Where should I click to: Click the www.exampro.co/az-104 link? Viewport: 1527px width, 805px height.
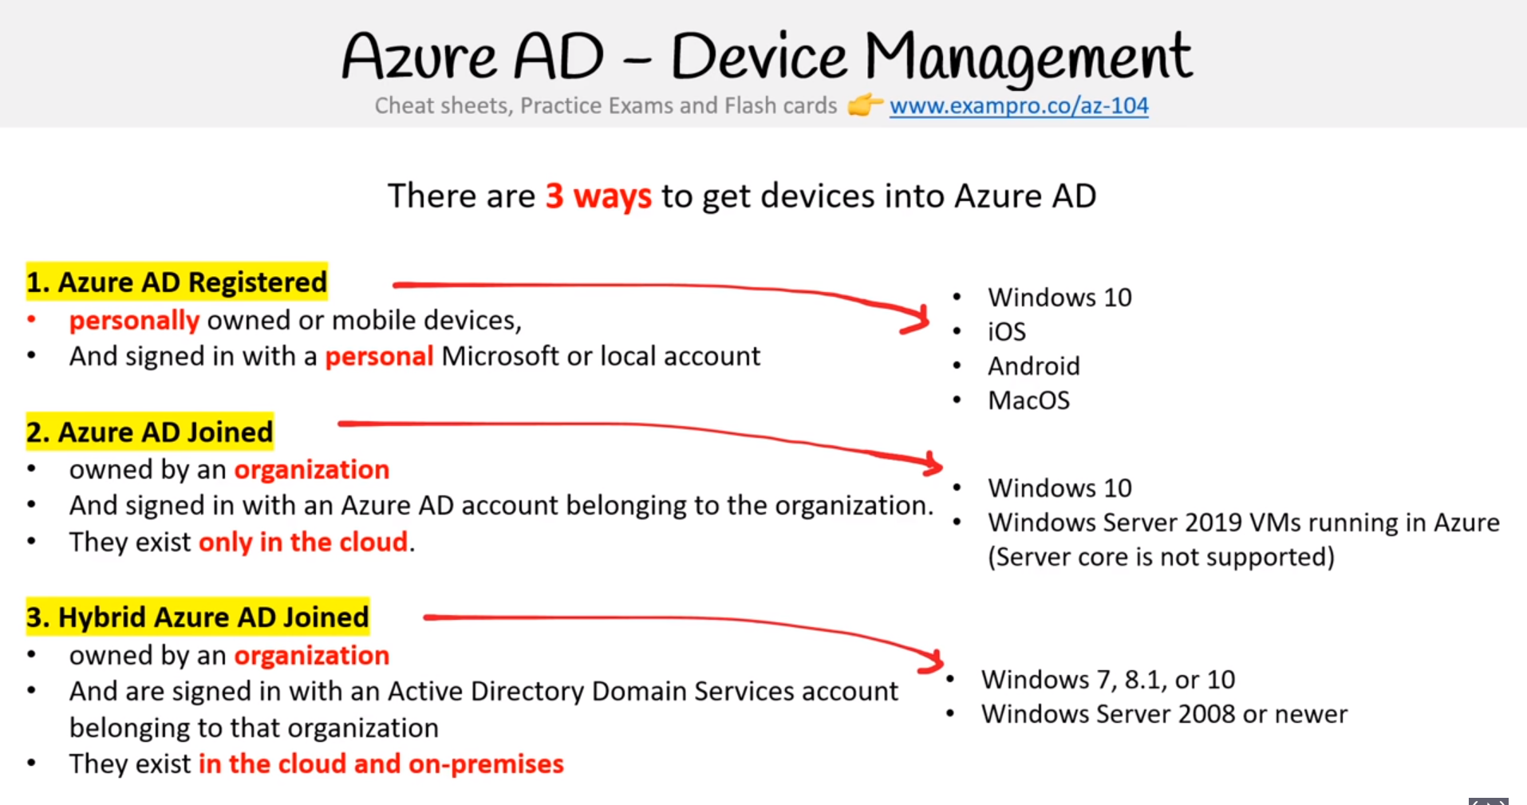coord(1019,106)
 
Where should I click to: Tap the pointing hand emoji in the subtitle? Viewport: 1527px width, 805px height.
coord(865,105)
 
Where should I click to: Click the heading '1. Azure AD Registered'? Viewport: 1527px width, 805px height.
coord(176,282)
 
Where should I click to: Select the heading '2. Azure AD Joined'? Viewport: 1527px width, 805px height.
coord(149,432)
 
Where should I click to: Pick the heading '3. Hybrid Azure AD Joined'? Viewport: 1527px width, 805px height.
coord(198,617)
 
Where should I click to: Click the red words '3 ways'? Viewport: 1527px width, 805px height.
coord(598,196)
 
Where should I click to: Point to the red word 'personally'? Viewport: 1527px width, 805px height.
coord(134,321)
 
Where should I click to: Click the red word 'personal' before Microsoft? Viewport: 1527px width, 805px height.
coord(379,356)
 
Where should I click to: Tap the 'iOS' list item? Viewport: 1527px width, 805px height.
coord(1007,332)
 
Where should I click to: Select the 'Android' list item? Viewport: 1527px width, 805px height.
coord(1034,366)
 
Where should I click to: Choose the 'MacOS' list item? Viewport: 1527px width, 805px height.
coord(1029,401)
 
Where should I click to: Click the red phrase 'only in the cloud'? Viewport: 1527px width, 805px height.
coord(303,543)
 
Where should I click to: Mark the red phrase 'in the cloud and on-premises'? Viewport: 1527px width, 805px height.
coord(381,764)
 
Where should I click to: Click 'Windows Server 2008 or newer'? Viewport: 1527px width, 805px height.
coord(1165,714)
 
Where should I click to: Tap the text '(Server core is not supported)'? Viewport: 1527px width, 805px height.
coord(1162,557)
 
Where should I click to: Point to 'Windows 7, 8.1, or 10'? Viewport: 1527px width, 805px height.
coord(1108,680)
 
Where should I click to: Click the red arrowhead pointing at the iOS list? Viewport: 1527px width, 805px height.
coord(917,319)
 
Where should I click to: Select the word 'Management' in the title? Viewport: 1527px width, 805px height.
coord(1028,57)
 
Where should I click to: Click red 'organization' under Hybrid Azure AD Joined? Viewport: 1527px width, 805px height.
coord(312,656)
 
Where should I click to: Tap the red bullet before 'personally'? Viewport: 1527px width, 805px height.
coord(32,320)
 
